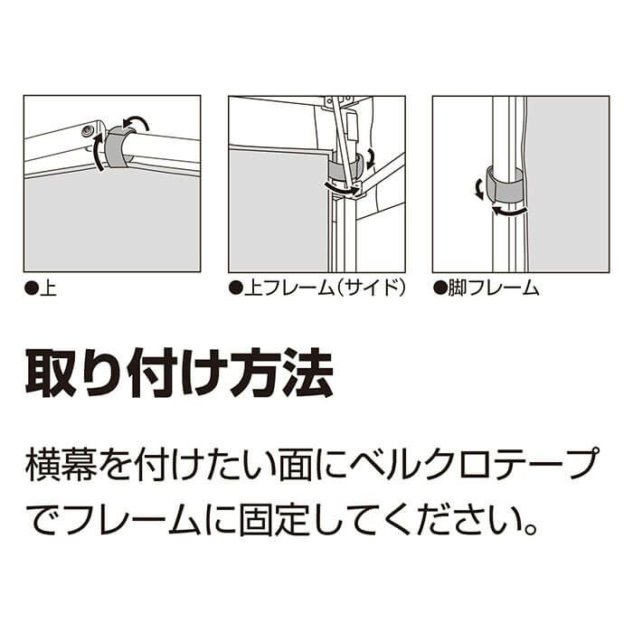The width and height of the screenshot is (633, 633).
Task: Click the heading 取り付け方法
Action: pyautogui.click(x=179, y=373)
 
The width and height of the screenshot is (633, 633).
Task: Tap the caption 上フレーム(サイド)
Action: pyautogui.click(x=325, y=288)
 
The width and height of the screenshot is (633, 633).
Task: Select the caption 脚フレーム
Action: pyautogui.click(x=494, y=288)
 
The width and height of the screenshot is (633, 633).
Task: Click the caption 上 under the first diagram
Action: pyautogui.click(x=48, y=288)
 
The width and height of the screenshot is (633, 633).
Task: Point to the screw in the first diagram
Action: pyautogui.click(x=87, y=130)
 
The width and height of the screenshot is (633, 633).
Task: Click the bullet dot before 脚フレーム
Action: pyautogui.click(x=439, y=288)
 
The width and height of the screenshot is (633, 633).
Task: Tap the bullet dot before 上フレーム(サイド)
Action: pyautogui.click(x=235, y=288)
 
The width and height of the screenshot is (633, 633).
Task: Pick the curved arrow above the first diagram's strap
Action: pyautogui.click(x=136, y=122)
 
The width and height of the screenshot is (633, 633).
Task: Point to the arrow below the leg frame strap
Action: pyautogui.click(x=508, y=210)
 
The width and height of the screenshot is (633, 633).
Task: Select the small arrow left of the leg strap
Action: pyautogui.click(x=478, y=189)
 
